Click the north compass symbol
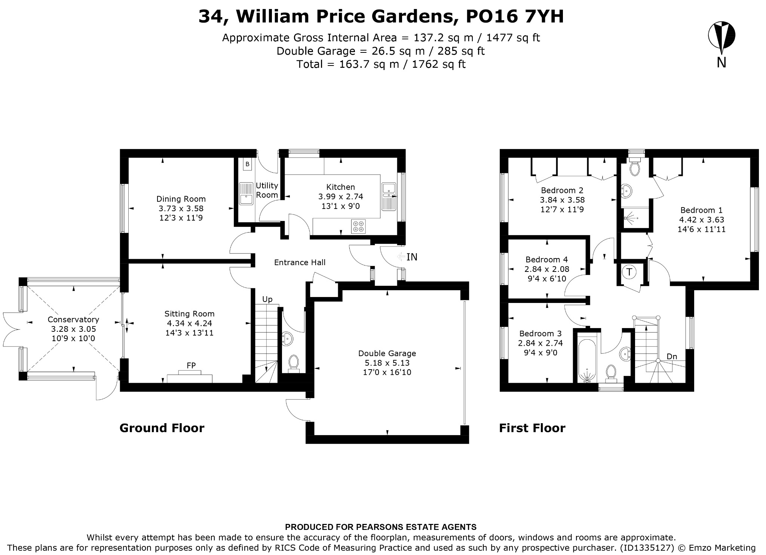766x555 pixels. coord(721,38)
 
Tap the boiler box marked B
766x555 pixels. coord(247,164)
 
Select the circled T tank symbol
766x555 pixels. coord(629,272)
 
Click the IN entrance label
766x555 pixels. coord(412,257)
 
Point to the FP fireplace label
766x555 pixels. coord(191,365)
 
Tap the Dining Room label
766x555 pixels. coord(181,199)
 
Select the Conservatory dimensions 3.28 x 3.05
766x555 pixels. coord(74,329)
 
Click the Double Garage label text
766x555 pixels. coord(387,353)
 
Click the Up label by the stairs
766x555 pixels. coord(267,299)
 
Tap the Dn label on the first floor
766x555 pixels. coord(672,357)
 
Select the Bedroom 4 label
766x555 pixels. coord(546,260)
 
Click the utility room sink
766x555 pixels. coord(246,194)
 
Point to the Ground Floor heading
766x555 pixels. coord(162,428)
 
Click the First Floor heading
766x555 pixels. coord(532,428)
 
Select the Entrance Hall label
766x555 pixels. coord(300,263)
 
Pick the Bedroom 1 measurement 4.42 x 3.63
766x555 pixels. coord(702,220)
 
